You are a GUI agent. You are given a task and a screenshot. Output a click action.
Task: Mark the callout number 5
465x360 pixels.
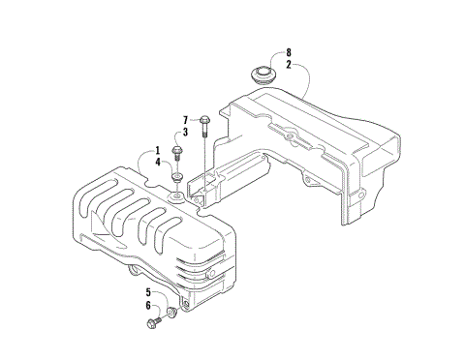coord(150,292)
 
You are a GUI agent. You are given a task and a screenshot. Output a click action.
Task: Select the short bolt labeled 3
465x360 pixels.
coord(178,154)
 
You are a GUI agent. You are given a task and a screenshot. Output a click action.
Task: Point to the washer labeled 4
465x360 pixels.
coord(178,177)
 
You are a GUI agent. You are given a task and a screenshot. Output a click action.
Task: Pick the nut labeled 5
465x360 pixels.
coord(172,311)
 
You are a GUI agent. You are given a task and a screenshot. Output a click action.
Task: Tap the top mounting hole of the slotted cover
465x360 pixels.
coord(177,196)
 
